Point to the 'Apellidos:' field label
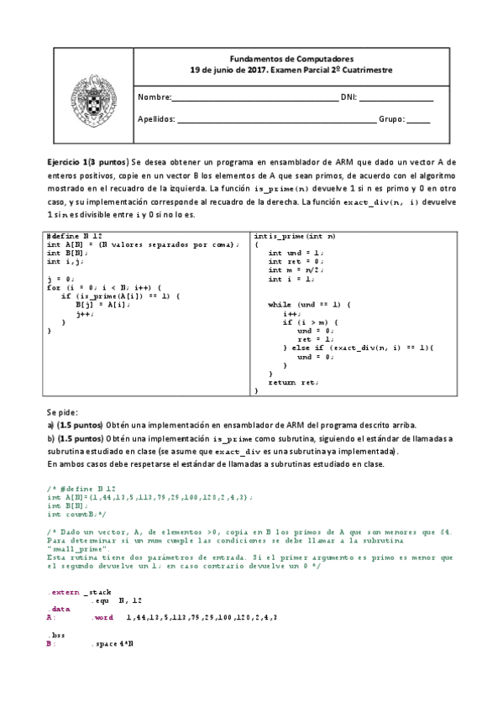point(156,119)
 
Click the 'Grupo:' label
point(391,119)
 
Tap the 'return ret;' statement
point(293,382)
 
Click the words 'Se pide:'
point(63,412)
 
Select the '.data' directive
point(59,608)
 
